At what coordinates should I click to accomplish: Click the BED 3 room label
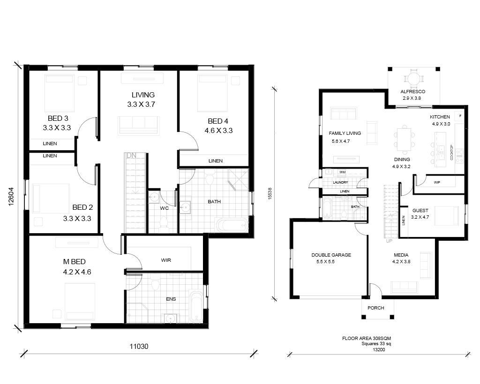pos(58,118)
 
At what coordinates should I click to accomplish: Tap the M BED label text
pos(74,262)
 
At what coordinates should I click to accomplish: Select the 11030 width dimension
pos(139,347)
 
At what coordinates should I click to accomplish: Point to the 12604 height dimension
pos(11,196)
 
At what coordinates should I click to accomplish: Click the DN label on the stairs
pos(131,155)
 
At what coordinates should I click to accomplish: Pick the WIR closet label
pos(166,260)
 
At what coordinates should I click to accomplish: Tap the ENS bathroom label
pos(171,299)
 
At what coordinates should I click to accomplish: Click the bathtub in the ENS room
pos(195,306)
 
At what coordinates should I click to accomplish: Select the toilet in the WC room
pos(164,224)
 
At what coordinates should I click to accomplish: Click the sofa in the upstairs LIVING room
pos(139,126)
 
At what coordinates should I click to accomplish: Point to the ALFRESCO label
pos(412,91)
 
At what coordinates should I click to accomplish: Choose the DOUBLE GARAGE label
pos(331,255)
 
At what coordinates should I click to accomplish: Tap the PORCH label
pos(375,308)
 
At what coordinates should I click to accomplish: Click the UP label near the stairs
pos(389,241)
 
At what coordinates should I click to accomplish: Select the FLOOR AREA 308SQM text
pos(367,339)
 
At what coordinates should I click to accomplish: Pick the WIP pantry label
pos(437,183)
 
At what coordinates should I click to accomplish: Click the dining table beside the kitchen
pos(405,140)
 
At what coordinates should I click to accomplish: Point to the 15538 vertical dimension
pos(270,193)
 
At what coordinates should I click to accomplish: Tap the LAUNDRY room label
pos(340,182)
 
